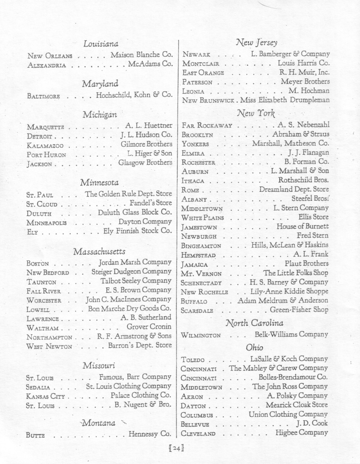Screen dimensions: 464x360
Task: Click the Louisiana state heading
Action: click(x=101, y=44)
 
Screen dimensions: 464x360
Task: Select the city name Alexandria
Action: click(x=46, y=65)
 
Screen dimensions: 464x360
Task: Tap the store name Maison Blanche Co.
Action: click(x=141, y=55)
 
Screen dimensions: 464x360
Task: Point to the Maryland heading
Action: click(x=100, y=84)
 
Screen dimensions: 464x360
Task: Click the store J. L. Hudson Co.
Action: click(x=146, y=136)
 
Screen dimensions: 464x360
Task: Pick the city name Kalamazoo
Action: click(x=45, y=145)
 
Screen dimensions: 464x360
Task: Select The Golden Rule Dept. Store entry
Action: click(x=128, y=194)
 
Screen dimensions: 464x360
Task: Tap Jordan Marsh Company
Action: click(x=135, y=262)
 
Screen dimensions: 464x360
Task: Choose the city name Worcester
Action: click(x=44, y=301)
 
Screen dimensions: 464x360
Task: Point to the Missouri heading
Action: click(x=99, y=365)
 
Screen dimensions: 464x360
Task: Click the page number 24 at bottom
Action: click(x=176, y=448)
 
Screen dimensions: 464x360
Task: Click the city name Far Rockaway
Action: click(x=207, y=126)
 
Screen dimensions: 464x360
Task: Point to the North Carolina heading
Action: click(x=255, y=323)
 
